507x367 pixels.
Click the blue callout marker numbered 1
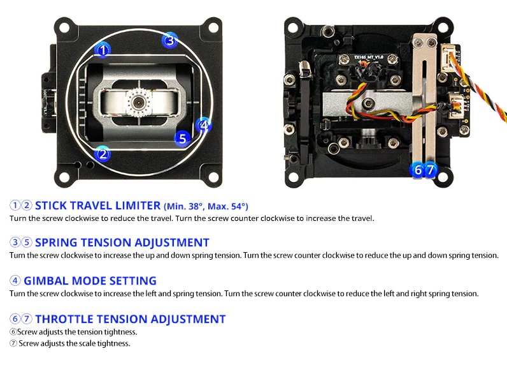[x=103, y=50]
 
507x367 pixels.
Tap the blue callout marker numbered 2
[x=103, y=154]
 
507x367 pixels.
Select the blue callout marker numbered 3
[x=170, y=40]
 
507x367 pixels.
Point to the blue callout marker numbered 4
[x=204, y=125]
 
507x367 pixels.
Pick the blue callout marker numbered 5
[x=182, y=139]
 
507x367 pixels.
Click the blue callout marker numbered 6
[x=417, y=170]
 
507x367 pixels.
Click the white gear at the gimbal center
[x=138, y=102]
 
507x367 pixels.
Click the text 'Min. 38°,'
[x=184, y=206]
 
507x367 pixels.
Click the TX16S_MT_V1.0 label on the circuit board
[x=368, y=57]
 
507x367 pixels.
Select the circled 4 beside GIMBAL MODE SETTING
[x=15, y=280]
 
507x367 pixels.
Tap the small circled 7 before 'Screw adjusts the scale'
[x=13, y=343]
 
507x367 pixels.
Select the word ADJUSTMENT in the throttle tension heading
[x=188, y=319]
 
